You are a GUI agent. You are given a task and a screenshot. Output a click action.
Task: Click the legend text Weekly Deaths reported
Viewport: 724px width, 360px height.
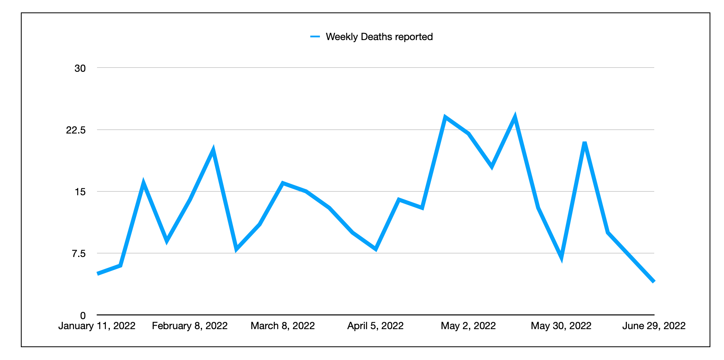click(x=379, y=37)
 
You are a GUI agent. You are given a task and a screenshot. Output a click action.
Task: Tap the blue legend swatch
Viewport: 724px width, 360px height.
click(x=315, y=37)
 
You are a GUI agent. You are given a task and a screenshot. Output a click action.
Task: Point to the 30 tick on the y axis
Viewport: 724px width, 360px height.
click(x=80, y=68)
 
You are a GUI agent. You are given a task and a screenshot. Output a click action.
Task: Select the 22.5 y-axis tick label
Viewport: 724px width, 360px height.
click(x=76, y=130)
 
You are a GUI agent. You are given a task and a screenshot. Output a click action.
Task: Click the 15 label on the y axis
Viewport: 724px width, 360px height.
click(x=80, y=192)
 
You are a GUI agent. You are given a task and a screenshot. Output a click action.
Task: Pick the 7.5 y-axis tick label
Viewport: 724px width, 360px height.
click(x=79, y=253)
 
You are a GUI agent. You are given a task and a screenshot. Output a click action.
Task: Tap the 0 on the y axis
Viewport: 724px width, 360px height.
click(x=83, y=316)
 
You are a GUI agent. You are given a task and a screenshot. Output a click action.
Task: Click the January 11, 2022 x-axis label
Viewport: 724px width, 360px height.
click(x=97, y=326)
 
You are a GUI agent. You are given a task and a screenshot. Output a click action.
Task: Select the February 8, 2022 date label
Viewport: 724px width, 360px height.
click(x=190, y=326)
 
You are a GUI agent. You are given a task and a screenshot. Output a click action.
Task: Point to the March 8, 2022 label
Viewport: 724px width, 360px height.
click(x=283, y=326)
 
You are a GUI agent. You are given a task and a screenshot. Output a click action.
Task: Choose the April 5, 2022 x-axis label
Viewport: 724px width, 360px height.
click(x=375, y=326)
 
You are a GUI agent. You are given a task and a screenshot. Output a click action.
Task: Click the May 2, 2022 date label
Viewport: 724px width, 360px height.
click(x=468, y=326)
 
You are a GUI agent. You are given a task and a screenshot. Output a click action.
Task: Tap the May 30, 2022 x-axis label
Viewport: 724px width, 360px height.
click(x=561, y=326)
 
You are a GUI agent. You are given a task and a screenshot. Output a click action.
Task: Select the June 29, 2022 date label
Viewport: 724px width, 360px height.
click(x=654, y=326)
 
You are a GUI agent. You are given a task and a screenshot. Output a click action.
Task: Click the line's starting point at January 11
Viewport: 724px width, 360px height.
click(x=98, y=274)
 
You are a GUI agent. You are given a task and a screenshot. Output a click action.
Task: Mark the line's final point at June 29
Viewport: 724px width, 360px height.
click(x=653, y=282)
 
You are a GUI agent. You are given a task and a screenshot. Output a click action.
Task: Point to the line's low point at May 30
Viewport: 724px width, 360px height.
click(x=561, y=257)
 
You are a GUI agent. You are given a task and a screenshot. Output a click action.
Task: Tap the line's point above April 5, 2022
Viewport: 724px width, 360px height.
click(x=376, y=249)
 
